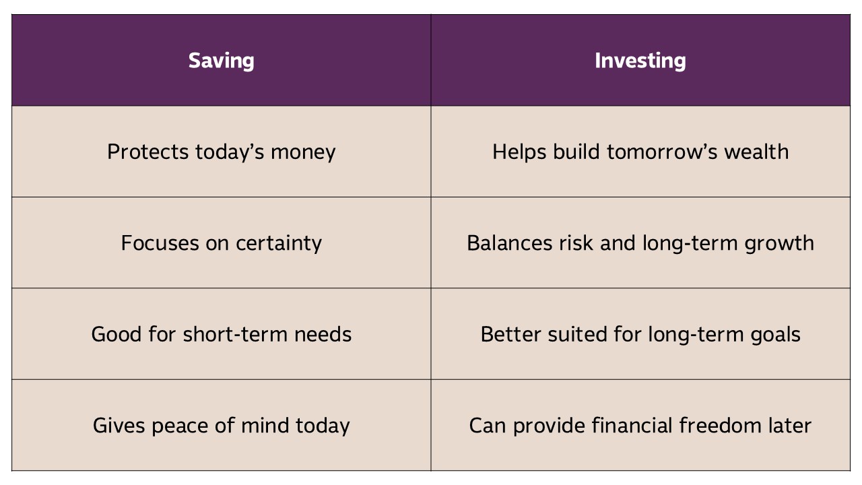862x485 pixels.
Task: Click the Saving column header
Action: click(222, 61)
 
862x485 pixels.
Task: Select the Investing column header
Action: click(640, 61)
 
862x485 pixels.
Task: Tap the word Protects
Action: click(147, 152)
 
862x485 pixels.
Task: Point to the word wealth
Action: click(756, 152)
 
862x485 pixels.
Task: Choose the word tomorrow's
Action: click(662, 152)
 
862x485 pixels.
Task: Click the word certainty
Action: click(279, 244)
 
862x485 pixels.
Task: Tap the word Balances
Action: click(510, 243)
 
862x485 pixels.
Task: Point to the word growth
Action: click(779, 244)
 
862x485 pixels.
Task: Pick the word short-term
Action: click(235, 334)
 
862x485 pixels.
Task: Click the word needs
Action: click(323, 334)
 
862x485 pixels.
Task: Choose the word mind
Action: click(265, 425)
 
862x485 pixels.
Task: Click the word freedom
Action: click(720, 425)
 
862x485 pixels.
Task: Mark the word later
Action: click(790, 425)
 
